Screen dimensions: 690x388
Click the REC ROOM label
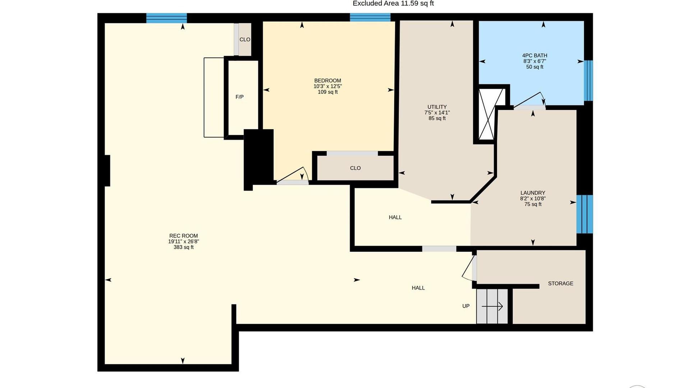point(183,236)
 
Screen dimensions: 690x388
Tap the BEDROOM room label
point(327,81)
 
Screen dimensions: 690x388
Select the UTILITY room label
point(437,107)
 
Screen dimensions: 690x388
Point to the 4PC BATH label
point(535,56)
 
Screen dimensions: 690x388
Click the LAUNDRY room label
point(533,193)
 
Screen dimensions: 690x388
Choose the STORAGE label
point(561,283)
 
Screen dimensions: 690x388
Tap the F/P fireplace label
point(239,97)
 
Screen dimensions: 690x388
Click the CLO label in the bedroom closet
point(355,168)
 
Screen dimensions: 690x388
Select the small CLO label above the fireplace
point(245,40)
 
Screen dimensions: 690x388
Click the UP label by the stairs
point(466,306)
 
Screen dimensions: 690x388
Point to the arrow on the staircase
point(492,306)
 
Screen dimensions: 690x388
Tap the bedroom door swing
point(292,175)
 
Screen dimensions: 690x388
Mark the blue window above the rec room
point(166,18)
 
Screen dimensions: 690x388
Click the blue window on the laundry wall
point(585,214)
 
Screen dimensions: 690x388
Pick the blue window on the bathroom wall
point(588,81)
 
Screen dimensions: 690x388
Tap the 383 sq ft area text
point(183,248)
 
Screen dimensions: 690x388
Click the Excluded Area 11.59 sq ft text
point(393,4)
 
